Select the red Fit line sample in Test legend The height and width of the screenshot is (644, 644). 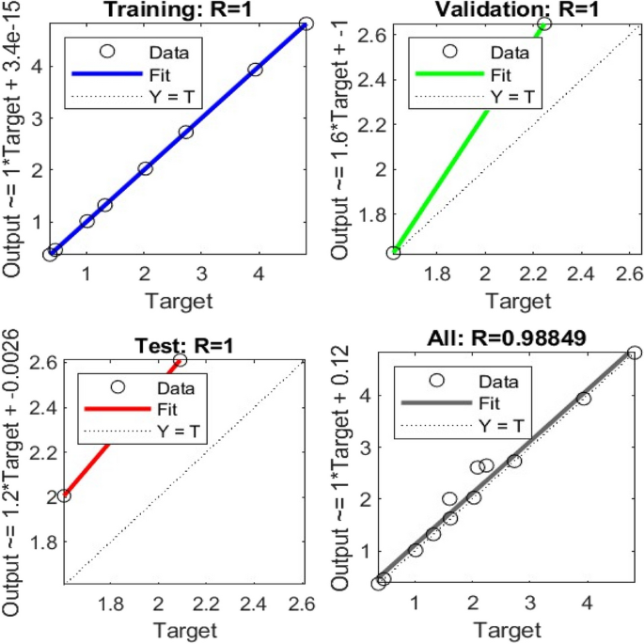[117, 406]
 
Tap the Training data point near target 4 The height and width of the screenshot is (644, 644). [255, 70]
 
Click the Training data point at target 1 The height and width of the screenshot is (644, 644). [86, 221]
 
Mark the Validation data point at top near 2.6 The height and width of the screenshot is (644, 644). [543, 24]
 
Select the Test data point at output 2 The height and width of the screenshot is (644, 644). [64, 495]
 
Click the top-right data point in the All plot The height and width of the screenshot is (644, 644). [635, 353]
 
